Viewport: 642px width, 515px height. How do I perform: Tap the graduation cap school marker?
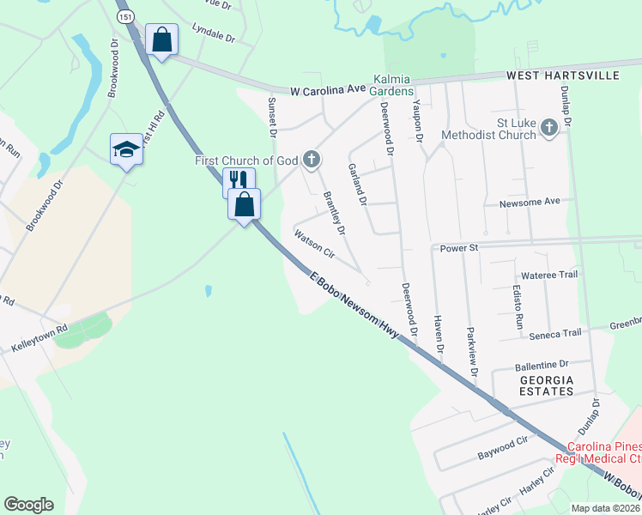126,149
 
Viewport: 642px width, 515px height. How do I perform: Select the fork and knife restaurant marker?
239,180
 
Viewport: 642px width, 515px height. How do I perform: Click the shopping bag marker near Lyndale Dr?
160,39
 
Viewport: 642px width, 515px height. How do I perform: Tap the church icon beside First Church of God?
312,160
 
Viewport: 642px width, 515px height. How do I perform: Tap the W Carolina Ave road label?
329,90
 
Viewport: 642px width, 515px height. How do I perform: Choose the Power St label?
457,248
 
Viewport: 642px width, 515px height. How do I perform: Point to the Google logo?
28,505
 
